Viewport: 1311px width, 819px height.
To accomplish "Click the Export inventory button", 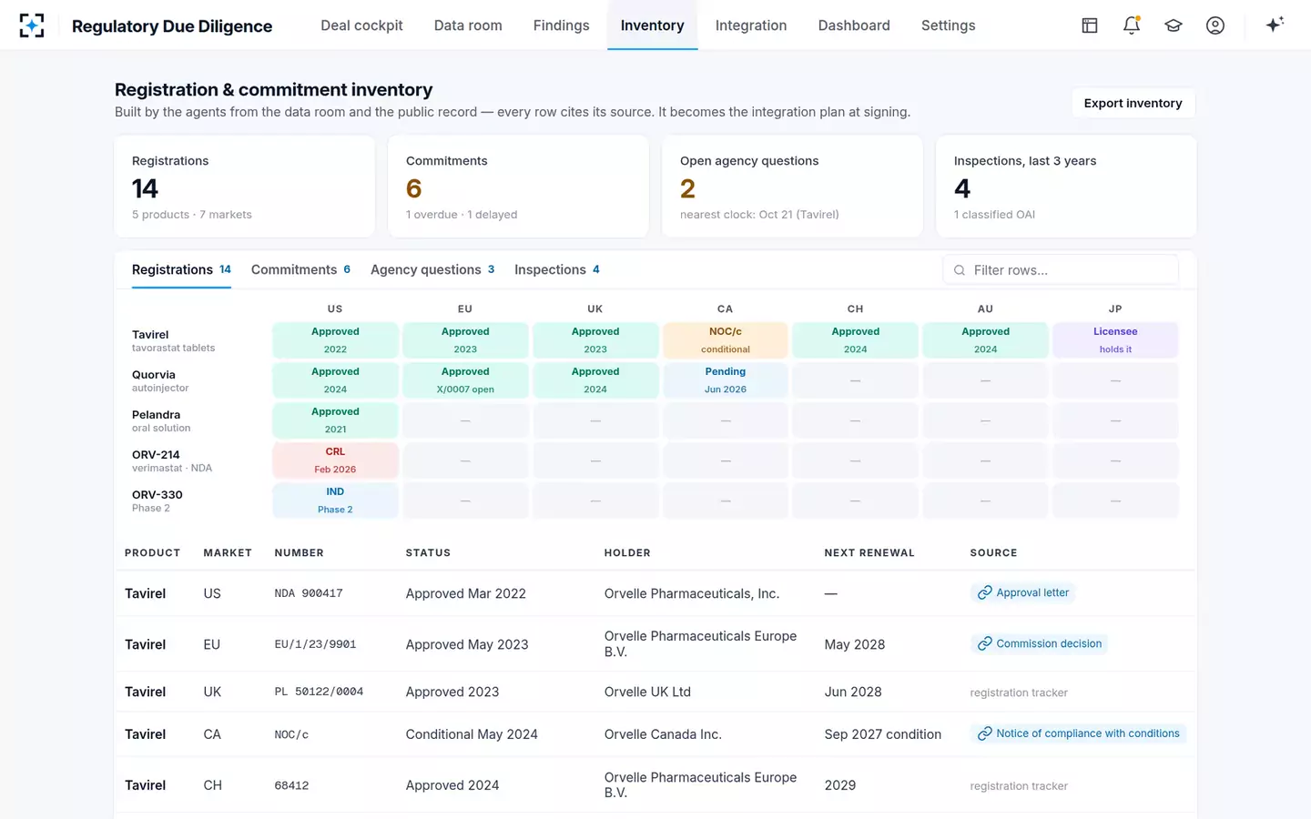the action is (1133, 103).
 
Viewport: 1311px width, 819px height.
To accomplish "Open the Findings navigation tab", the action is (561, 25).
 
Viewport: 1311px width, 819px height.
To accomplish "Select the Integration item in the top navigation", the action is (751, 25).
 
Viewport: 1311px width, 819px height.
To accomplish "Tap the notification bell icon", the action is (1132, 25).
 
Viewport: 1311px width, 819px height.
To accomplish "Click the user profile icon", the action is (1215, 25).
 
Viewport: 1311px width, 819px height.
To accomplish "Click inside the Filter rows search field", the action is (1061, 269).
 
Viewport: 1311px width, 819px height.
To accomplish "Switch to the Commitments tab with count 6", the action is (300, 269).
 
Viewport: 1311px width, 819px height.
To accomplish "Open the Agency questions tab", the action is (432, 269).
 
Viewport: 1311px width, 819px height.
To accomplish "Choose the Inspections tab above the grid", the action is (556, 269).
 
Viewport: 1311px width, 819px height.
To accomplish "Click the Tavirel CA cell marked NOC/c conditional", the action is (725, 340).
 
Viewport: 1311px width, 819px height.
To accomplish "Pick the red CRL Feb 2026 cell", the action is (335, 460).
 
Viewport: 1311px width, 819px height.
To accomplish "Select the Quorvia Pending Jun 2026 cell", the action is (725, 380).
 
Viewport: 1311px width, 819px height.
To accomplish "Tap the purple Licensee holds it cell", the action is (1115, 340).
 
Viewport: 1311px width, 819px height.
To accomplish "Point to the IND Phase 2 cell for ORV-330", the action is (335, 500).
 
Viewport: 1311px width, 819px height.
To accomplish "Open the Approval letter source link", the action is (1023, 592).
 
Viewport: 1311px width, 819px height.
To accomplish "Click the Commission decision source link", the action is (1040, 643).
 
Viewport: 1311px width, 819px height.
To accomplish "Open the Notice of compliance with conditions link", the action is (1078, 733).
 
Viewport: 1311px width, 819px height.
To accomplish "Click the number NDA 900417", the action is (309, 593).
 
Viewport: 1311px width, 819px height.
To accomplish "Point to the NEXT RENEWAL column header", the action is (869, 553).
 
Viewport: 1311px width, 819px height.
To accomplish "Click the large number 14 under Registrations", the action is (145, 188).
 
